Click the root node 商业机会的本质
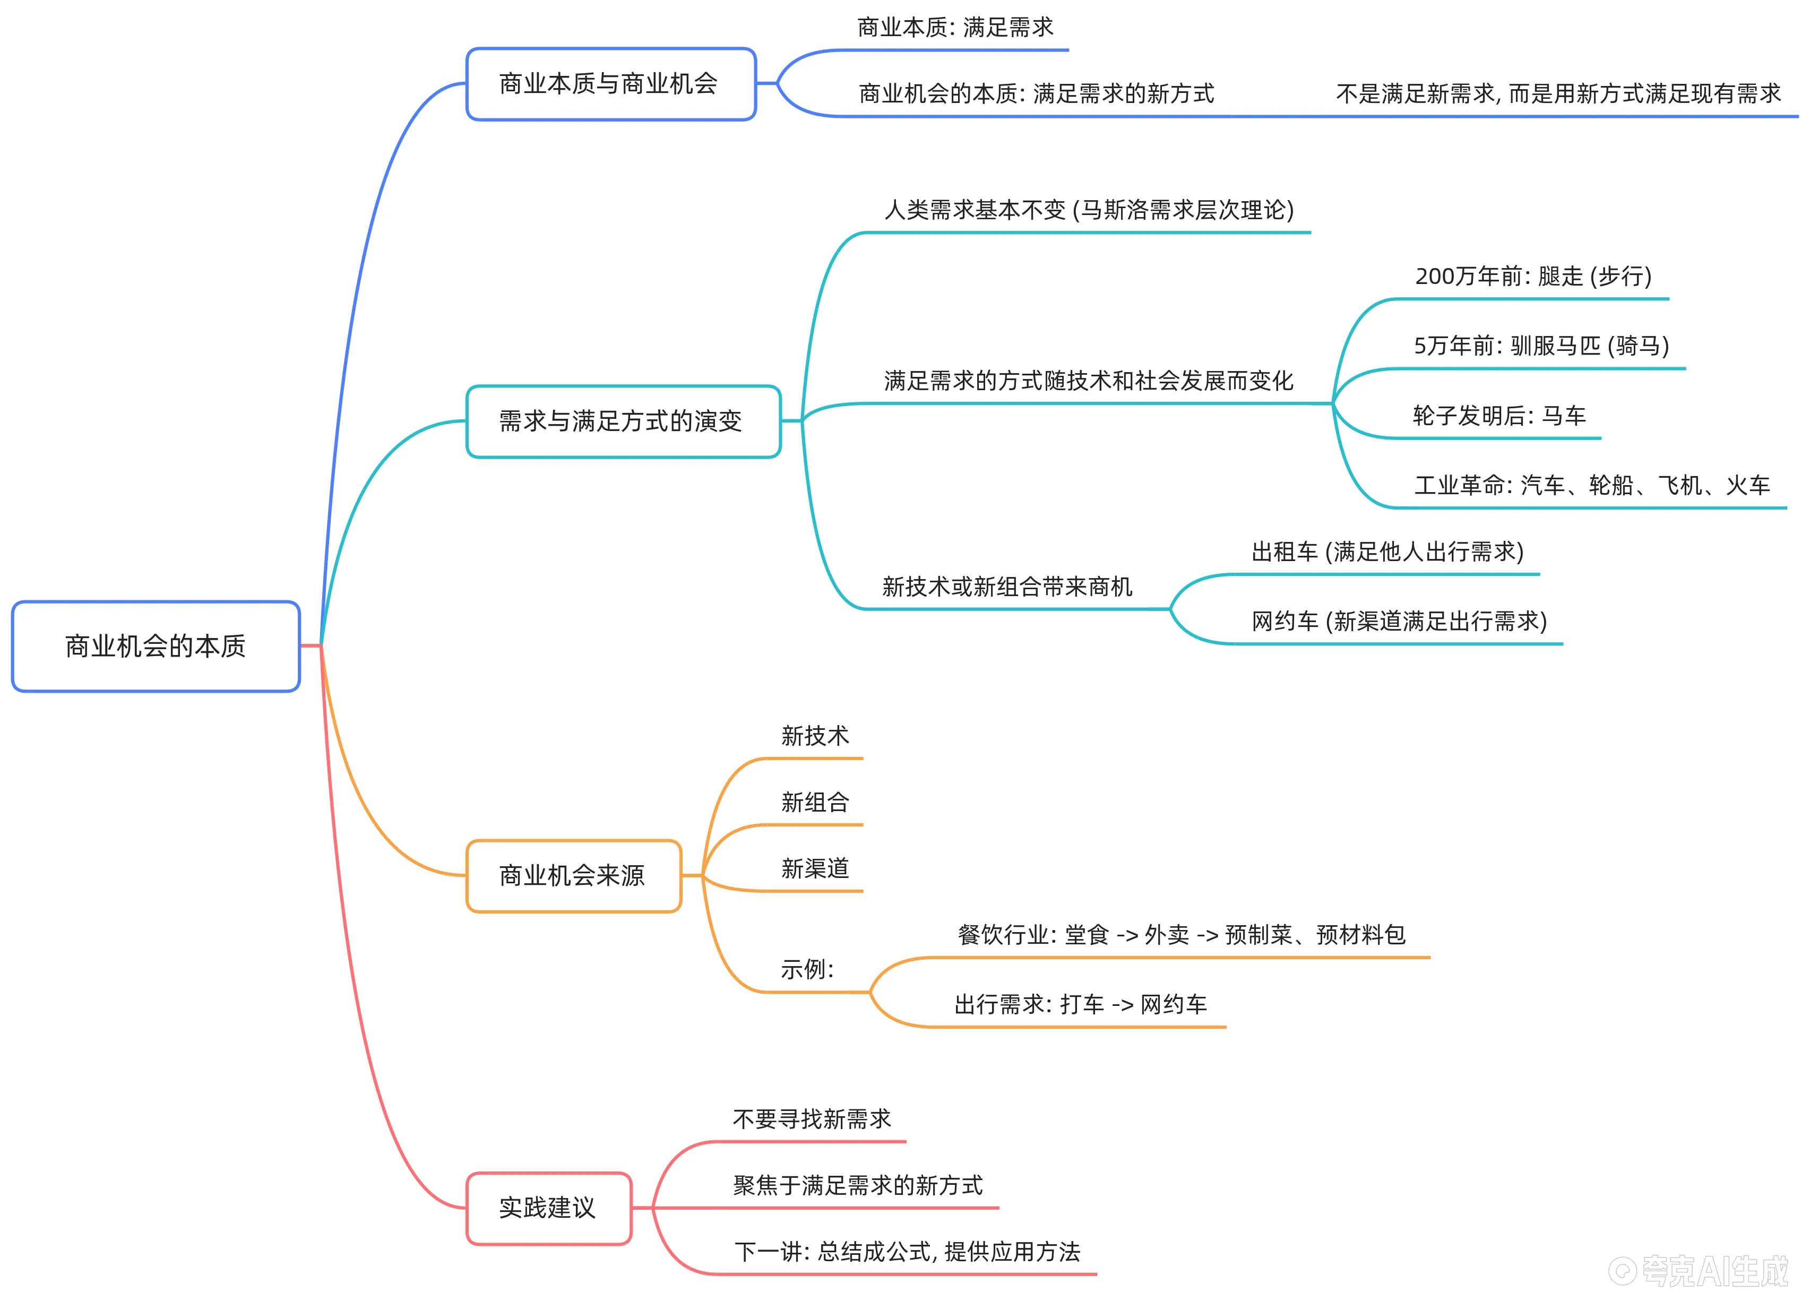[156, 647]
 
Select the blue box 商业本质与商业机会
[610, 84]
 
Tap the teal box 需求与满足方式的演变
[623, 421]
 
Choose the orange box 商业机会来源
[573, 876]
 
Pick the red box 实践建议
[548, 1208]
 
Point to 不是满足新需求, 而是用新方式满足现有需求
[1558, 94]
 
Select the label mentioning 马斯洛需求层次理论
[1089, 210]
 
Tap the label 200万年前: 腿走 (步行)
[1533, 276]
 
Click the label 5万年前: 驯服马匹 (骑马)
[1541, 346]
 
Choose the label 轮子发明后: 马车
[1499, 416]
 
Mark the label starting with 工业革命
[1591, 485]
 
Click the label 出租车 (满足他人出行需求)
[1387, 552]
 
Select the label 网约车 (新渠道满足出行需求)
[1399, 621]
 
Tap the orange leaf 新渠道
[815, 868]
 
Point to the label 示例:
[807, 970]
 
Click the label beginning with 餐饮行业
[1181, 935]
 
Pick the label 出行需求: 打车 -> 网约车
[1081, 1004]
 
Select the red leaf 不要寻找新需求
[812, 1119]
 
